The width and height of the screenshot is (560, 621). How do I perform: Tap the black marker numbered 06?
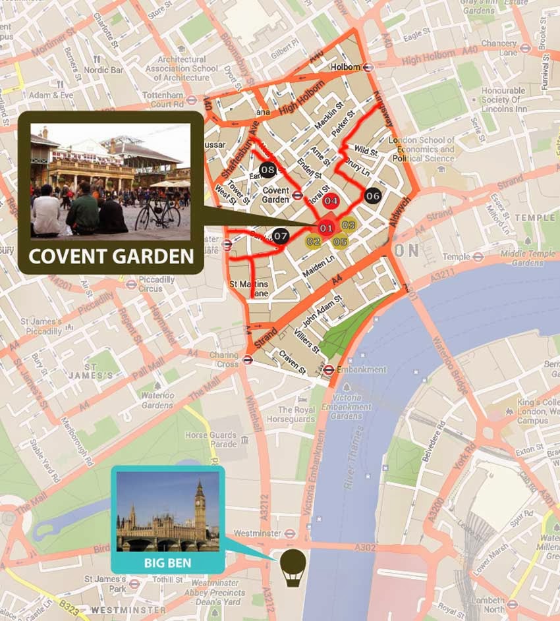click(373, 196)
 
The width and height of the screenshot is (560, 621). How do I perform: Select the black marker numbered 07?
click(281, 235)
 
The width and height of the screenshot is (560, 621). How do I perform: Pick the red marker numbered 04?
click(331, 201)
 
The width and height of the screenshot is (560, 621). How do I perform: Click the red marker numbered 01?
click(325, 228)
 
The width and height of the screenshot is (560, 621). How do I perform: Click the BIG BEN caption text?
click(167, 564)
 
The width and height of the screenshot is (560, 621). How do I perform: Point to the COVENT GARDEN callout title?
click(111, 256)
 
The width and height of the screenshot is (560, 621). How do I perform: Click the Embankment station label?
click(361, 369)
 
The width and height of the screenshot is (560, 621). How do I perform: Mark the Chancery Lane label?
click(499, 47)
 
